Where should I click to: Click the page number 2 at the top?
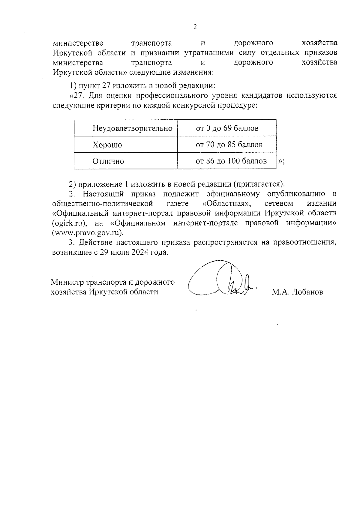coord(195,27)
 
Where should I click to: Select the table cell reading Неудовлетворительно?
coord(132,129)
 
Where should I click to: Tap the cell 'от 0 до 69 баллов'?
coord(227,129)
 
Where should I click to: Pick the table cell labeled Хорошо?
coord(107,145)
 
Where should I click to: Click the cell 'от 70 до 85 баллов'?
coord(229,145)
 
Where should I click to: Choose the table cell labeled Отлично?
coord(108,161)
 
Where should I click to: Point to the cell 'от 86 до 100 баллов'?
coord(231,161)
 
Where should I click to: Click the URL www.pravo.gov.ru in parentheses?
coord(88,233)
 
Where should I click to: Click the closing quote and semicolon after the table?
coord(281,162)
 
